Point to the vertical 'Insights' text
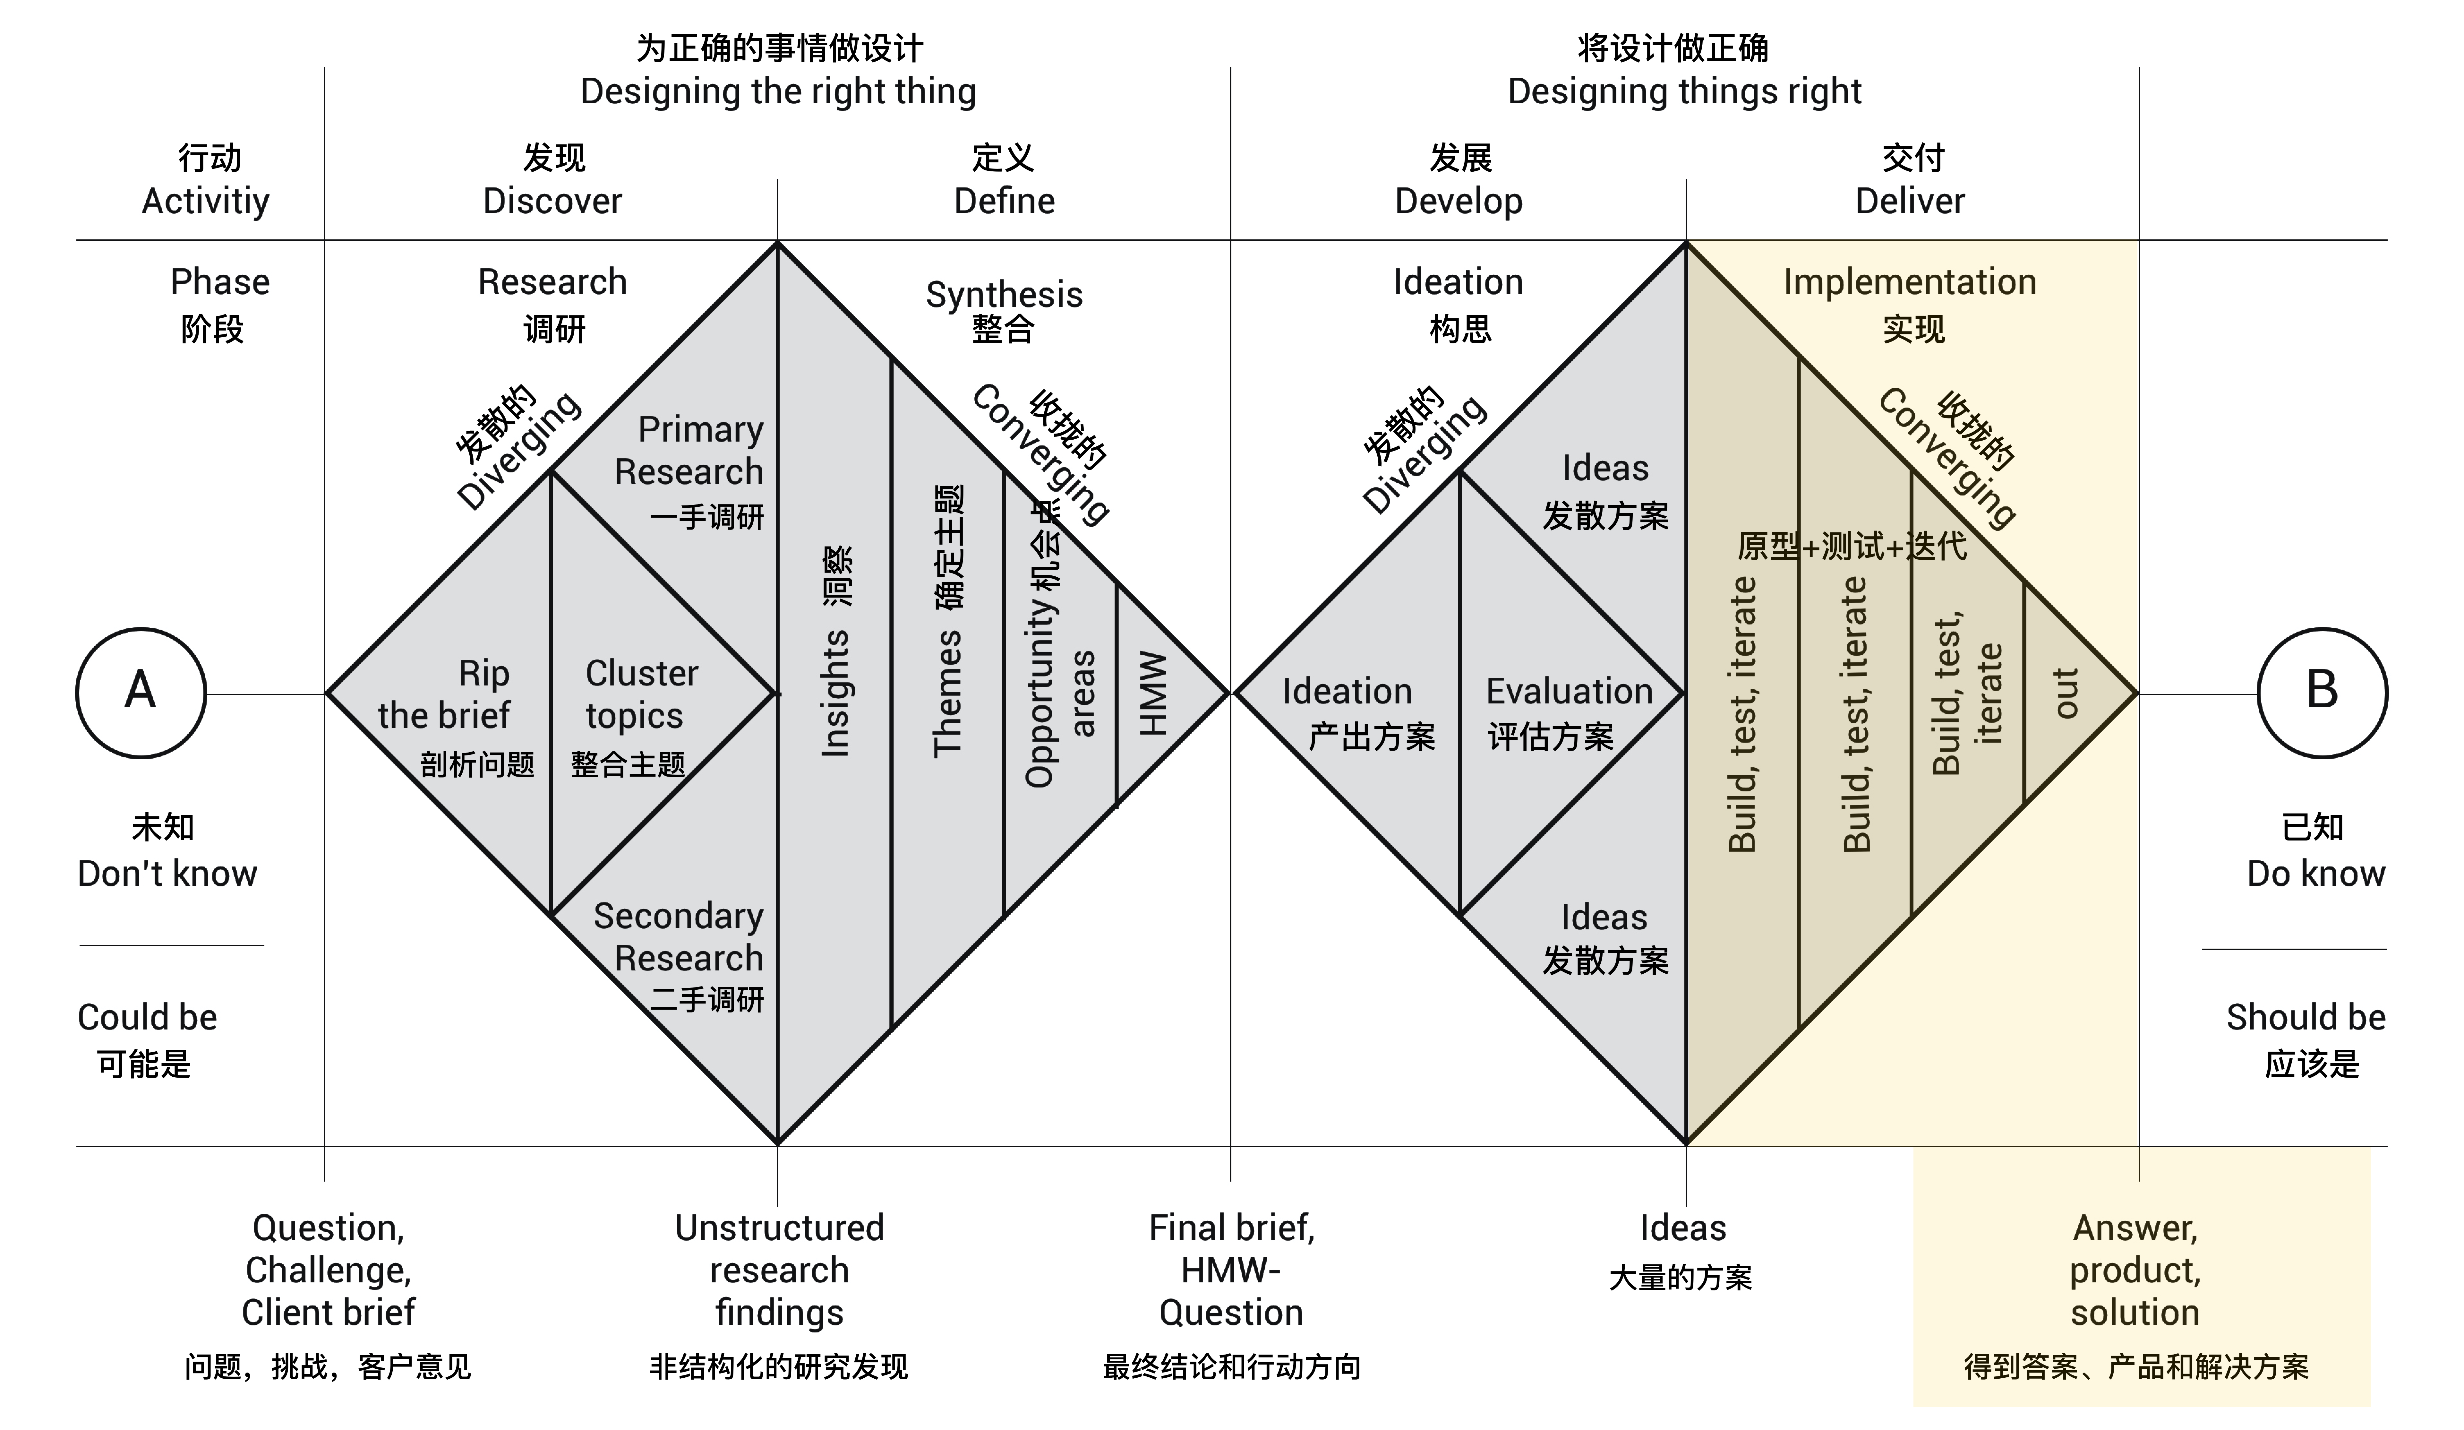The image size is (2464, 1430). (x=834, y=693)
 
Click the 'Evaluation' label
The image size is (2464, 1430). (x=1568, y=692)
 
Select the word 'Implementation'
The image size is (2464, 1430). (x=1910, y=282)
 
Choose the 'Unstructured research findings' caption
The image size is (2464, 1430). (x=779, y=1270)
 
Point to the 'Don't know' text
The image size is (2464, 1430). (x=167, y=874)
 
